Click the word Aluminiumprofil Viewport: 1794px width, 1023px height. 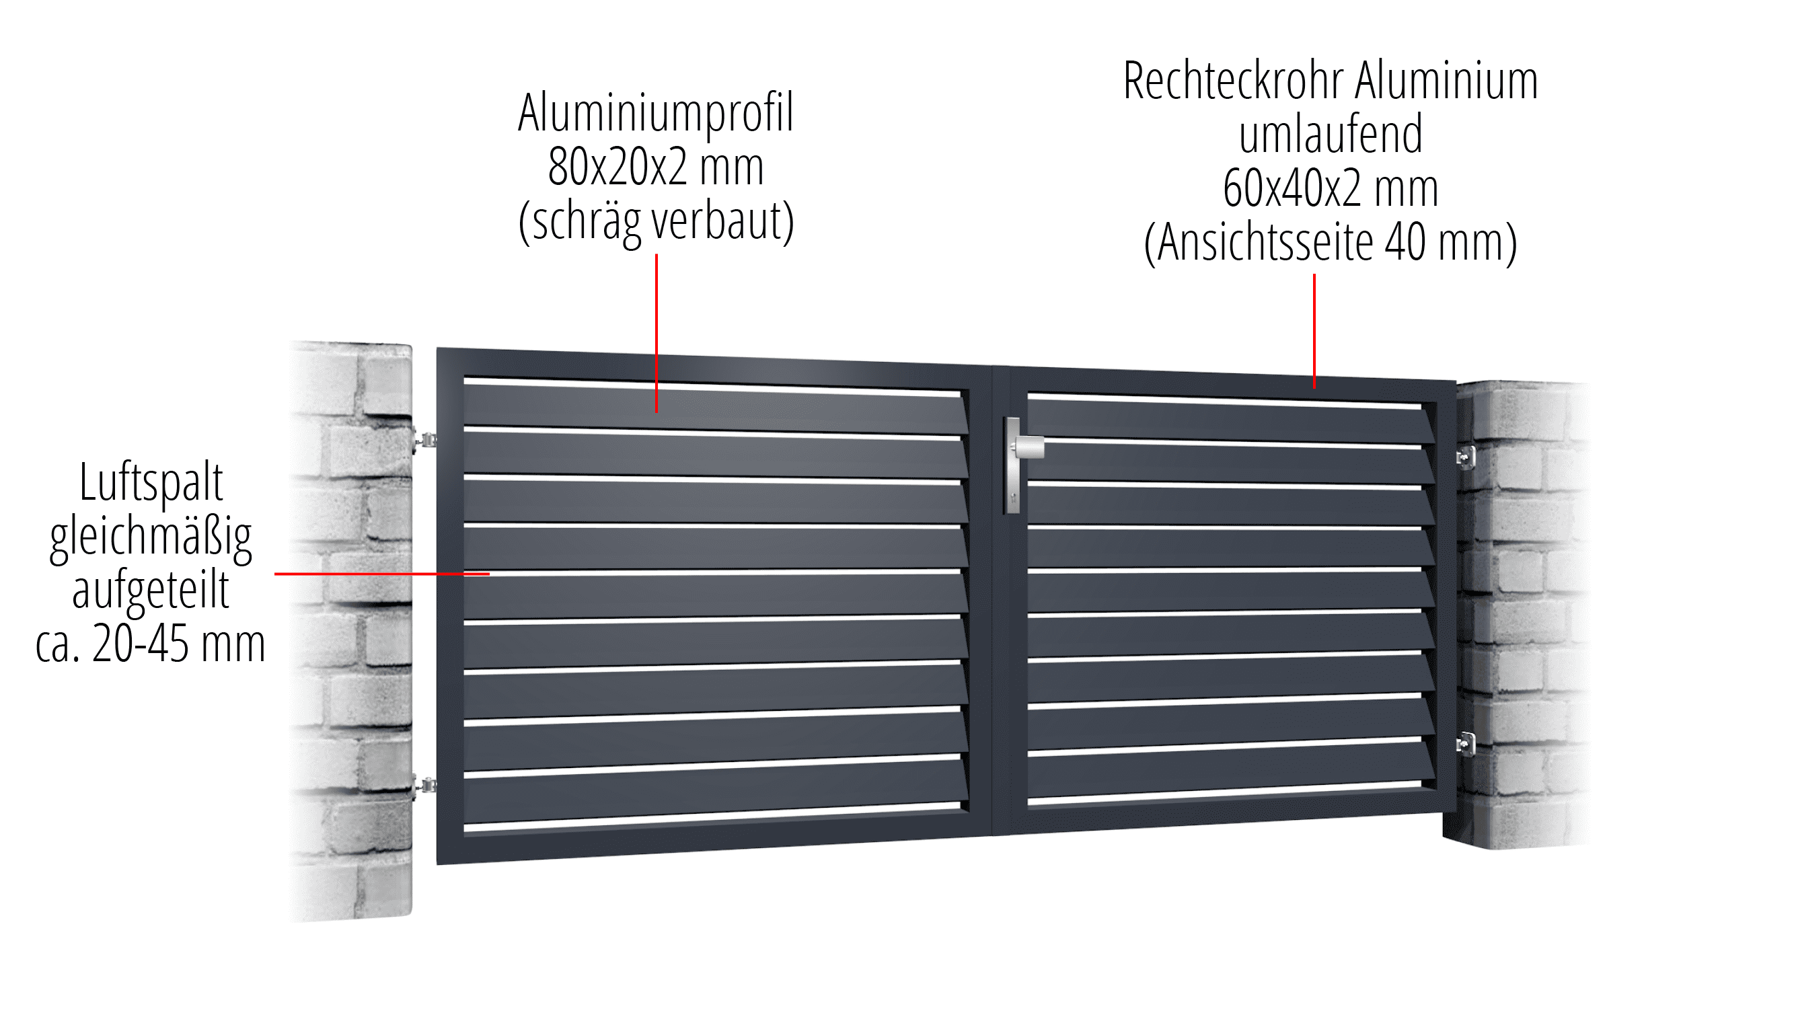655,112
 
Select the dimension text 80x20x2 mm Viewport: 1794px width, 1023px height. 655,167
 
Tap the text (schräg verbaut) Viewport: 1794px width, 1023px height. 655,221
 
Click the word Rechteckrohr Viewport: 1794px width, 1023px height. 1232,81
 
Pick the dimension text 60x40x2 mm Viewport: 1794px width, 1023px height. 1331,188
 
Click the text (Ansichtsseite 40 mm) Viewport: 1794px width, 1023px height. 1331,242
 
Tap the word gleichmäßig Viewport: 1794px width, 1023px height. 151,537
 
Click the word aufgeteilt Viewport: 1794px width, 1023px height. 151,591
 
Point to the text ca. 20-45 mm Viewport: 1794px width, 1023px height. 151,644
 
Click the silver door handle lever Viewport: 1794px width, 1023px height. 1027,447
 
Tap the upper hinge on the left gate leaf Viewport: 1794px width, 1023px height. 424,441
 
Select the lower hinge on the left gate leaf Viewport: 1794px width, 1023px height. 424,786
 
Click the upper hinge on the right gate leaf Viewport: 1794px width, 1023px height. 1465,458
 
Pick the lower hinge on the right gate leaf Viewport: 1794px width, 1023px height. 1465,743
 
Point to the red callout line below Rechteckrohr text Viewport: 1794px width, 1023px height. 1314,330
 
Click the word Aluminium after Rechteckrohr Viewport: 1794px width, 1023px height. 1446,81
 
